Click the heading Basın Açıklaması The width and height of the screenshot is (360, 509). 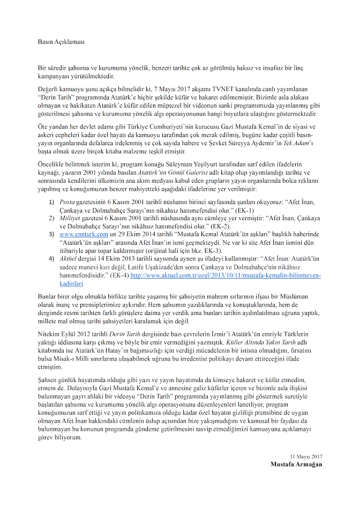62,41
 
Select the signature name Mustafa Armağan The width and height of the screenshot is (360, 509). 296,464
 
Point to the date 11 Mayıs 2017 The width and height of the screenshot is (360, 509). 305,456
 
